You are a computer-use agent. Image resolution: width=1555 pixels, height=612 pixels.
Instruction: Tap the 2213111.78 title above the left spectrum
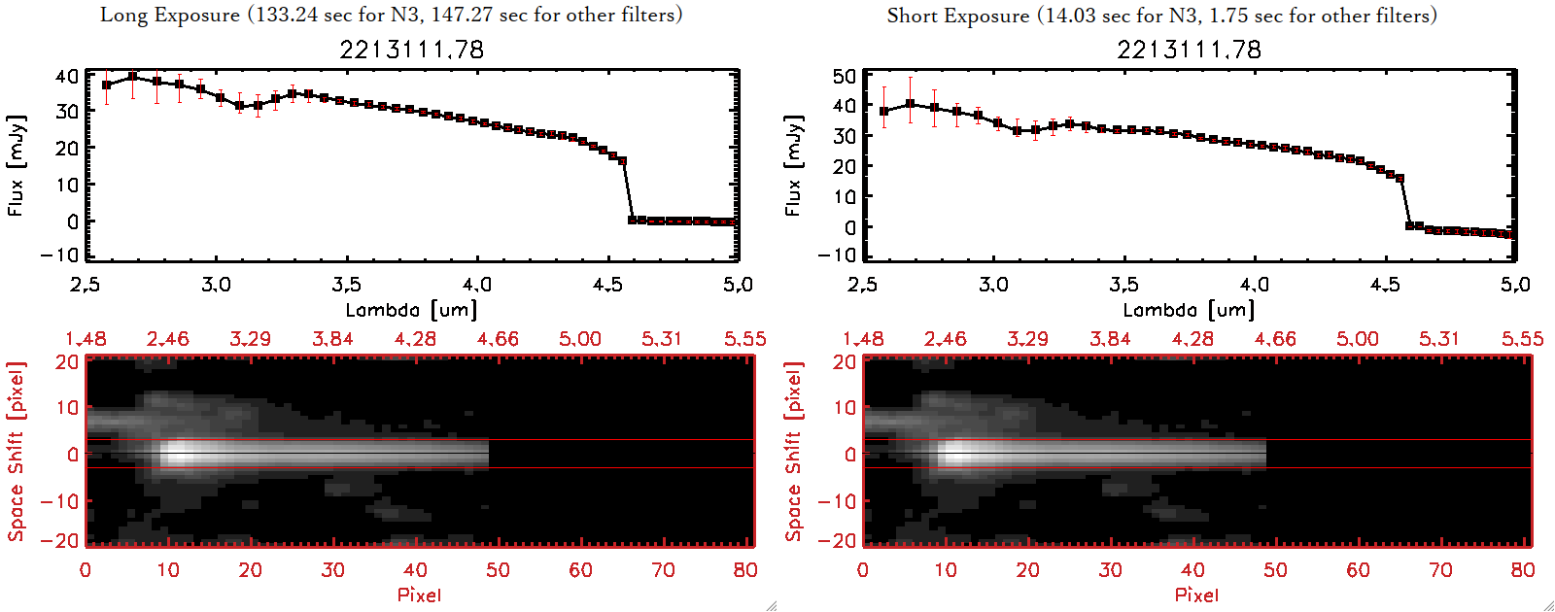pos(411,50)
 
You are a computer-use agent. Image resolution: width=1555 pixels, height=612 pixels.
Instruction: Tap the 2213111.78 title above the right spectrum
pos(1189,50)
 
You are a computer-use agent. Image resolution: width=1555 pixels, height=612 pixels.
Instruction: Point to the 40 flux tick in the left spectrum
pos(67,76)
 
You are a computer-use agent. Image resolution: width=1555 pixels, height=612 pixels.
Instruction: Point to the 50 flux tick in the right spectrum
pos(845,76)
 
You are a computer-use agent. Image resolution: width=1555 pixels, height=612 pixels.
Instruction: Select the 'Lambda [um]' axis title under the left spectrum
pos(411,310)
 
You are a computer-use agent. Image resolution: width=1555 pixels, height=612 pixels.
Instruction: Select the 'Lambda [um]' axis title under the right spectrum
pos(1189,310)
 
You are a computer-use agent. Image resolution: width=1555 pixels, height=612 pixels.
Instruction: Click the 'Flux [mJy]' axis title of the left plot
pos(16,165)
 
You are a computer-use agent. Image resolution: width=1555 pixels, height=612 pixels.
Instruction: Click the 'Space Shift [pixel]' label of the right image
pos(793,452)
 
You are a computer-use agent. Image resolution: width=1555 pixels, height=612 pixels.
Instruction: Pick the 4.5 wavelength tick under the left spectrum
pos(607,285)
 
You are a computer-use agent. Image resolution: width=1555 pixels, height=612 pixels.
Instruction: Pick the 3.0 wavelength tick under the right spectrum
pos(993,285)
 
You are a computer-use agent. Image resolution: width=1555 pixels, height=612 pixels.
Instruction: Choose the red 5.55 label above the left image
pos(744,339)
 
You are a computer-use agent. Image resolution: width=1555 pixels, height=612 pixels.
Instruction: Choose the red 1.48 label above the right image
pos(863,339)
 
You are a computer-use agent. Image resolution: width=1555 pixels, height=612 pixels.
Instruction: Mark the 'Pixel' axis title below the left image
pos(419,595)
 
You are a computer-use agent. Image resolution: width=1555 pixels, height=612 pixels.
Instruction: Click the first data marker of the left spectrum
pos(107,85)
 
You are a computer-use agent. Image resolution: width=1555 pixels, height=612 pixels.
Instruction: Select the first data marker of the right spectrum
pos(884,112)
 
